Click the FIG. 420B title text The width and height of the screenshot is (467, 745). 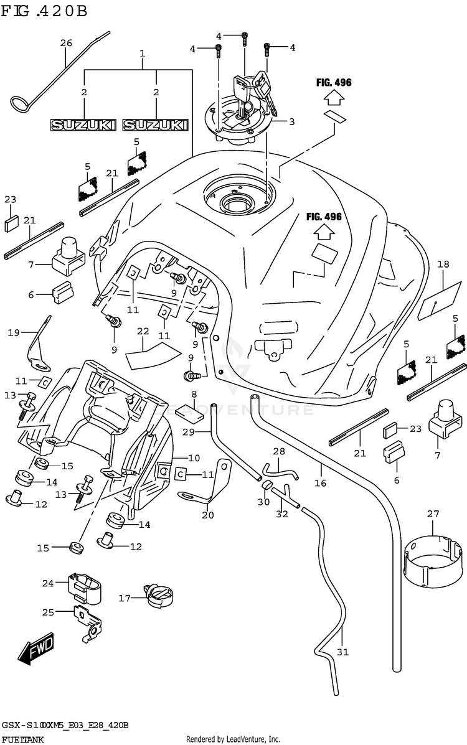(44, 11)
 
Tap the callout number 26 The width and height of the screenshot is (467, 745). (66, 43)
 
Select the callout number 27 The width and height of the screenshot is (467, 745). (433, 513)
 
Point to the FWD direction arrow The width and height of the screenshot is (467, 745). (36, 649)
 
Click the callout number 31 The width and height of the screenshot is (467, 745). (342, 652)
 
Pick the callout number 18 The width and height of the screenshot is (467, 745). (443, 264)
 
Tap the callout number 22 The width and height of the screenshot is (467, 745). (143, 332)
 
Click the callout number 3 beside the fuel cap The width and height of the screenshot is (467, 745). (291, 122)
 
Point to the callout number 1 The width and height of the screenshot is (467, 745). (143, 54)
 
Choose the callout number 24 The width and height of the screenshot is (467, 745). (48, 584)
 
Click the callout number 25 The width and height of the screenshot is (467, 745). (48, 612)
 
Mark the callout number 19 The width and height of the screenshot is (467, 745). (14, 333)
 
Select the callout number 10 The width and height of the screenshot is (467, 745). (194, 458)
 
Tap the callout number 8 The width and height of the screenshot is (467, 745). (194, 394)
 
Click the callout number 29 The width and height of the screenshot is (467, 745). (189, 431)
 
